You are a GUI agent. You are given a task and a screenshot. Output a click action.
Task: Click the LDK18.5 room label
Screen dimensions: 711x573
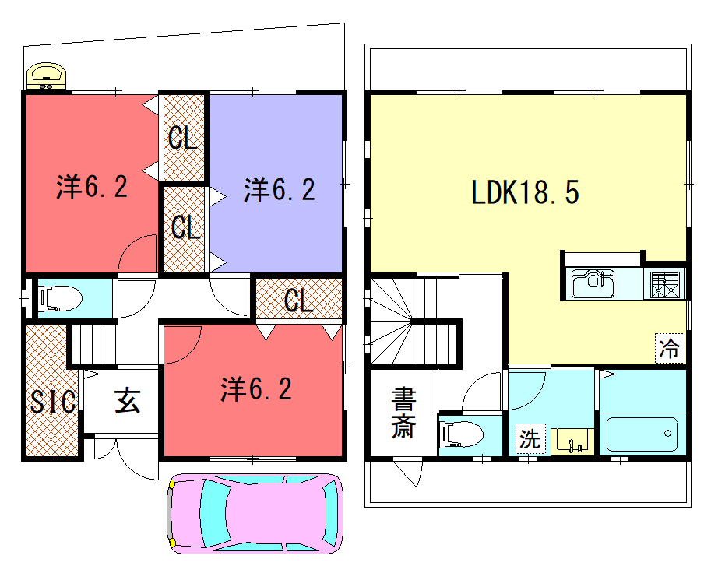pos(525,192)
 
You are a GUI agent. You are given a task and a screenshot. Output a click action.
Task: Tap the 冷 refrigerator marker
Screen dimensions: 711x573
pos(670,348)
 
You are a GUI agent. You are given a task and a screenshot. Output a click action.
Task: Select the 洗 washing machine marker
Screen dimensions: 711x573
pos(530,439)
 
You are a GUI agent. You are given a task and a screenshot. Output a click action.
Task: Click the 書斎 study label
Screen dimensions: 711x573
pos(403,413)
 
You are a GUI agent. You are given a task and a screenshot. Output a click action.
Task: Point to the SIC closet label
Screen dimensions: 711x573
pos(53,402)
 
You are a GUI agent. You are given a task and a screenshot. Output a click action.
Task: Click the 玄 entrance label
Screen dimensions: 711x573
pos(127,400)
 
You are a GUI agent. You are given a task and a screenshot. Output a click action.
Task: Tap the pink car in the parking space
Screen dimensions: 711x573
pos(255,514)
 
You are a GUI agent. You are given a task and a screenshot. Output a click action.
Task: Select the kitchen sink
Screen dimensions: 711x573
pos(593,283)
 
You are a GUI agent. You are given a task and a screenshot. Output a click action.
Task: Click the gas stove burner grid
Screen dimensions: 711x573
pos(665,284)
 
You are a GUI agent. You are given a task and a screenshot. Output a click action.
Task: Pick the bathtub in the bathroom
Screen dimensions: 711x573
pos(641,434)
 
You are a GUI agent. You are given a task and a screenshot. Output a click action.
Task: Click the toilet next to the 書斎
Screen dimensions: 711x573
pos(463,434)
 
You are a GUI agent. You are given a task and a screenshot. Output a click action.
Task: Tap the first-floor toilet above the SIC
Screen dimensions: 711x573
pos(61,298)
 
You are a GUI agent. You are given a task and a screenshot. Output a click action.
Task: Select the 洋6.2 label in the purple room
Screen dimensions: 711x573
pos(280,189)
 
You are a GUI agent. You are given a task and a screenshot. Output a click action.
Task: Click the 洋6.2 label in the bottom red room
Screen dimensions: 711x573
pos(256,389)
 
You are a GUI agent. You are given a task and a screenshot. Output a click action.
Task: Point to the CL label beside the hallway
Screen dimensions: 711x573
pos(299,300)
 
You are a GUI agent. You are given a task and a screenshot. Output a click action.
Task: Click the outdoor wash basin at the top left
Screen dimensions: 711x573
pos(46,76)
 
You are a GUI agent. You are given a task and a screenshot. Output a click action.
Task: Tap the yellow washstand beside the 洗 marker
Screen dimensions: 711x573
pos(572,441)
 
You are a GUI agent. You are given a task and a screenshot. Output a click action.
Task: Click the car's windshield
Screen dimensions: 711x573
pos(213,513)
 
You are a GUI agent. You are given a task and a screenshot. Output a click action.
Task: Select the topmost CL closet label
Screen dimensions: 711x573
pos(183,137)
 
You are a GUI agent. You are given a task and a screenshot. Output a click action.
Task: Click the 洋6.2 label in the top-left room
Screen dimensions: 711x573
pos(92,186)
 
